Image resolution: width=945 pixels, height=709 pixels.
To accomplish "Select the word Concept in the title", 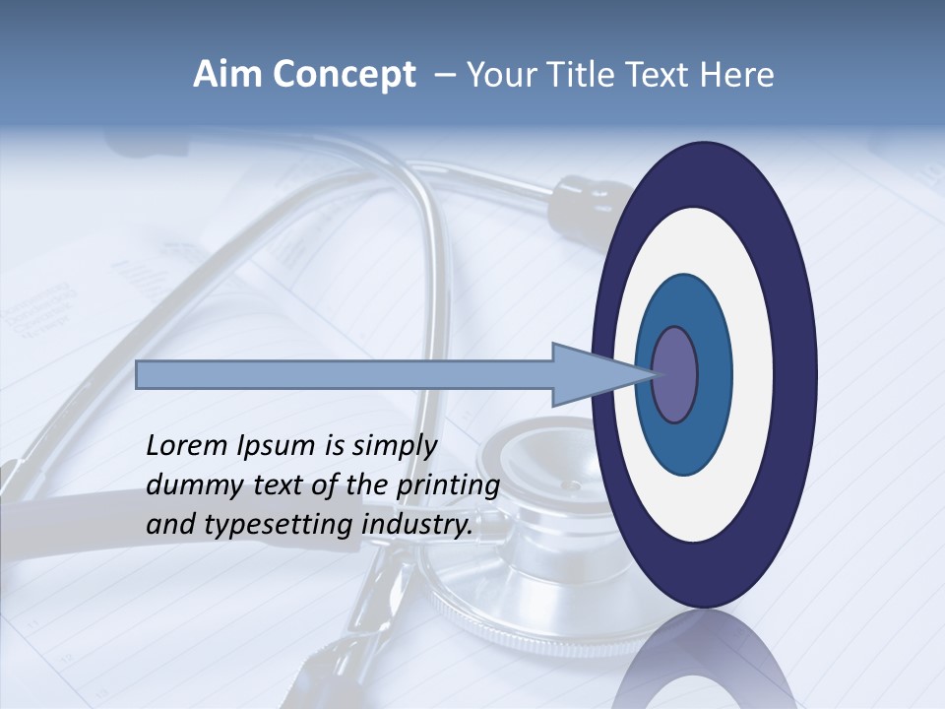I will tap(344, 76).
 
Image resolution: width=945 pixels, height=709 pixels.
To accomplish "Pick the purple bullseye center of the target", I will tap(674, 375).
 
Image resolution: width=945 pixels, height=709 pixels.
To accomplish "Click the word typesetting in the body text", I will tap(280, 525).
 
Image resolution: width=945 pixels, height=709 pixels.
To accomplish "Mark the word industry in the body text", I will tap(418, 525).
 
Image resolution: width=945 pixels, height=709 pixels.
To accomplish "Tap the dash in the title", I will tap(442, 76).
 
